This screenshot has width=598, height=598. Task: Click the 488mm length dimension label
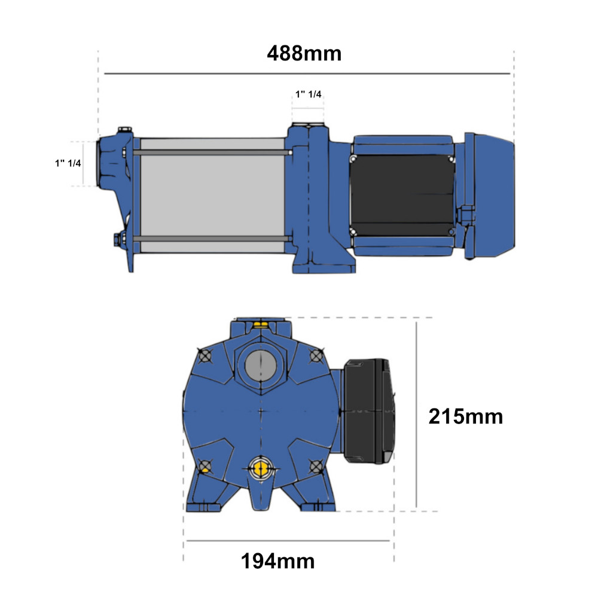click(x=304, y=53)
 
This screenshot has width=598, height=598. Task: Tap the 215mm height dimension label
click(x=466, y=416)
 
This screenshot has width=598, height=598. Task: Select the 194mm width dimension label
click(x=277, y=562)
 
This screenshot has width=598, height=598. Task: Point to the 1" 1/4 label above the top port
click(x=308, y=94)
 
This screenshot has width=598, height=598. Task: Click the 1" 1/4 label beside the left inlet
click(x=68, y=163)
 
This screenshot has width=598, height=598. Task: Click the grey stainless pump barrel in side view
click(x=212, y=196)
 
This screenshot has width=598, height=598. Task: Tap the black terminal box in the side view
click(x=402, y=195)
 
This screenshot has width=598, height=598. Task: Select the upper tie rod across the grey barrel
click(x=212, y=152)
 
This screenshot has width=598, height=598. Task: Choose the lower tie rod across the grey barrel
click(x=212, y=239)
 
